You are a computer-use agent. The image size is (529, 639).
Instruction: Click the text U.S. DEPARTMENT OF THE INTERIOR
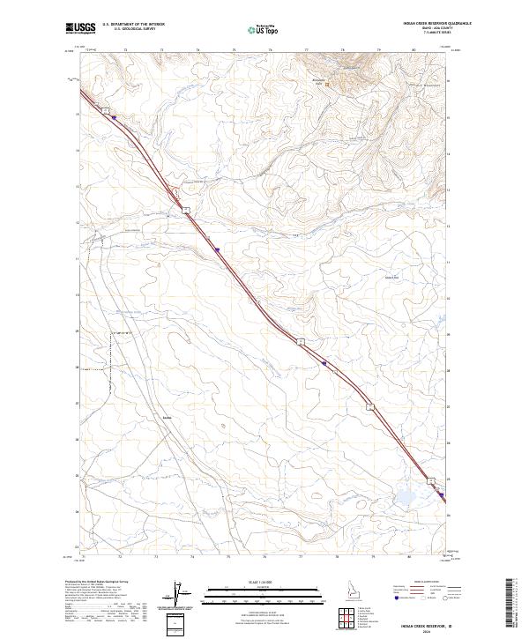coord(134,25)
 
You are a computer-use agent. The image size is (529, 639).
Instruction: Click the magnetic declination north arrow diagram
coord(178,594)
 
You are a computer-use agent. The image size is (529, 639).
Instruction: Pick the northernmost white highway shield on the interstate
coord(104,109)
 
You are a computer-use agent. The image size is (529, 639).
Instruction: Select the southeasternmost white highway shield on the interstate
coord(431,481)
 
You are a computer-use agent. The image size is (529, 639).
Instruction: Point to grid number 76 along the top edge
coord(264,51)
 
